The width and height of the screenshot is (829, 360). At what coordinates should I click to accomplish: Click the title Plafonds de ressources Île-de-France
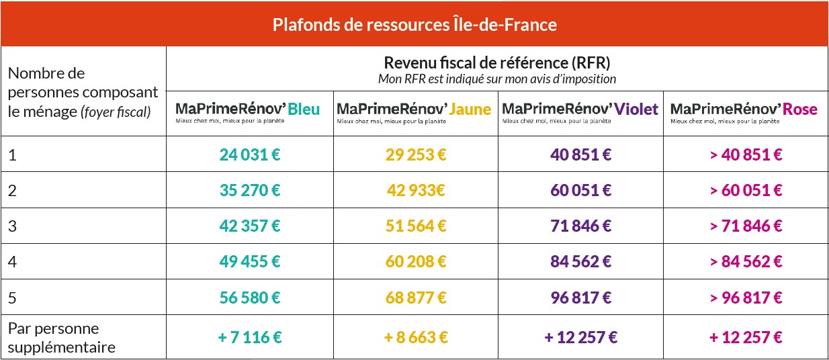click(x=414, y=25)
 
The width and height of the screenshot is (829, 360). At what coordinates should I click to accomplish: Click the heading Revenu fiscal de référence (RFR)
click(x=496, y=64)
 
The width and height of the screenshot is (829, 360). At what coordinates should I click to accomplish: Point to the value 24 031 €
click(x=249, y=154)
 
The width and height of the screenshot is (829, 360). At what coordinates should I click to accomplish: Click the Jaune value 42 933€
click(x=416, y=190)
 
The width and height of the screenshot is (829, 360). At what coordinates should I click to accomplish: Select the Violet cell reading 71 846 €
click(x=581, y=226)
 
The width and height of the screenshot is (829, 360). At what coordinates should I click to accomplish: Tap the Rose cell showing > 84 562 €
click(x=746, y=261)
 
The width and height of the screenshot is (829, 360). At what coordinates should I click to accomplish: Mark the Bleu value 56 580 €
click(x=249, y=297)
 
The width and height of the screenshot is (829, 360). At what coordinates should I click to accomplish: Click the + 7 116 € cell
click(x=249, y=337)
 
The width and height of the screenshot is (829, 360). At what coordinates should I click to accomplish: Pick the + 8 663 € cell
click(x=416, y=337)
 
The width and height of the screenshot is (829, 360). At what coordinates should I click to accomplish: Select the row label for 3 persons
click(x=12, y=226)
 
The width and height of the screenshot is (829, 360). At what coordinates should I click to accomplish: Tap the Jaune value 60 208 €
click(x=416, y=261)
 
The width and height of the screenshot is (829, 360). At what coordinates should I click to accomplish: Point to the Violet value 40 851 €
click(x=581, y=154)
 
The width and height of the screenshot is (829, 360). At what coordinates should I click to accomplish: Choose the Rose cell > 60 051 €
click(x=746, y=190)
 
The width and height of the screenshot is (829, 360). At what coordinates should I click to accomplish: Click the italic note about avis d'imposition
click(x=496, y=79)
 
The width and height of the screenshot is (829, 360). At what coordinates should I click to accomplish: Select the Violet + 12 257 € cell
click(x=581, y=337)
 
